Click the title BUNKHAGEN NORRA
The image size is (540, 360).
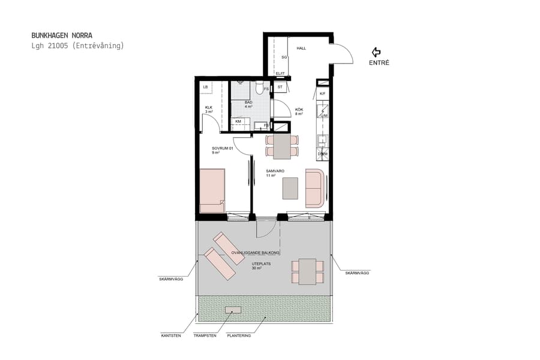pos(62,35)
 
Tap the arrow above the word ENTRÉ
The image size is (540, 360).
pos(377,52)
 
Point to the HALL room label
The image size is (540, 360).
pos(301,48)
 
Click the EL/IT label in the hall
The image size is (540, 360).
pos(280,73)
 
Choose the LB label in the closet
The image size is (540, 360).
pos(206,88)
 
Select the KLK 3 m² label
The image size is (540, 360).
pos(209,109)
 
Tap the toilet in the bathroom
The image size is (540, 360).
pos(258,89)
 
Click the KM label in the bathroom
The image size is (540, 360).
pos(238,121)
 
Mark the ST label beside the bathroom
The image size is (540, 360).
pos(280,88)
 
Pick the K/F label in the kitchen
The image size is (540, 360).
pos(322,94)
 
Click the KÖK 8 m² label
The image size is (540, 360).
pos(299,111)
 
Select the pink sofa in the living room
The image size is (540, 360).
pos(315,188)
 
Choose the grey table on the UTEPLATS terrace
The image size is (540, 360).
pos(307,271)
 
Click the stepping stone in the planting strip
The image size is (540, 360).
pos(233,310)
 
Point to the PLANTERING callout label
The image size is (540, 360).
pos(239,335)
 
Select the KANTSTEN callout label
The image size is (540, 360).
pos(171,335)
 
